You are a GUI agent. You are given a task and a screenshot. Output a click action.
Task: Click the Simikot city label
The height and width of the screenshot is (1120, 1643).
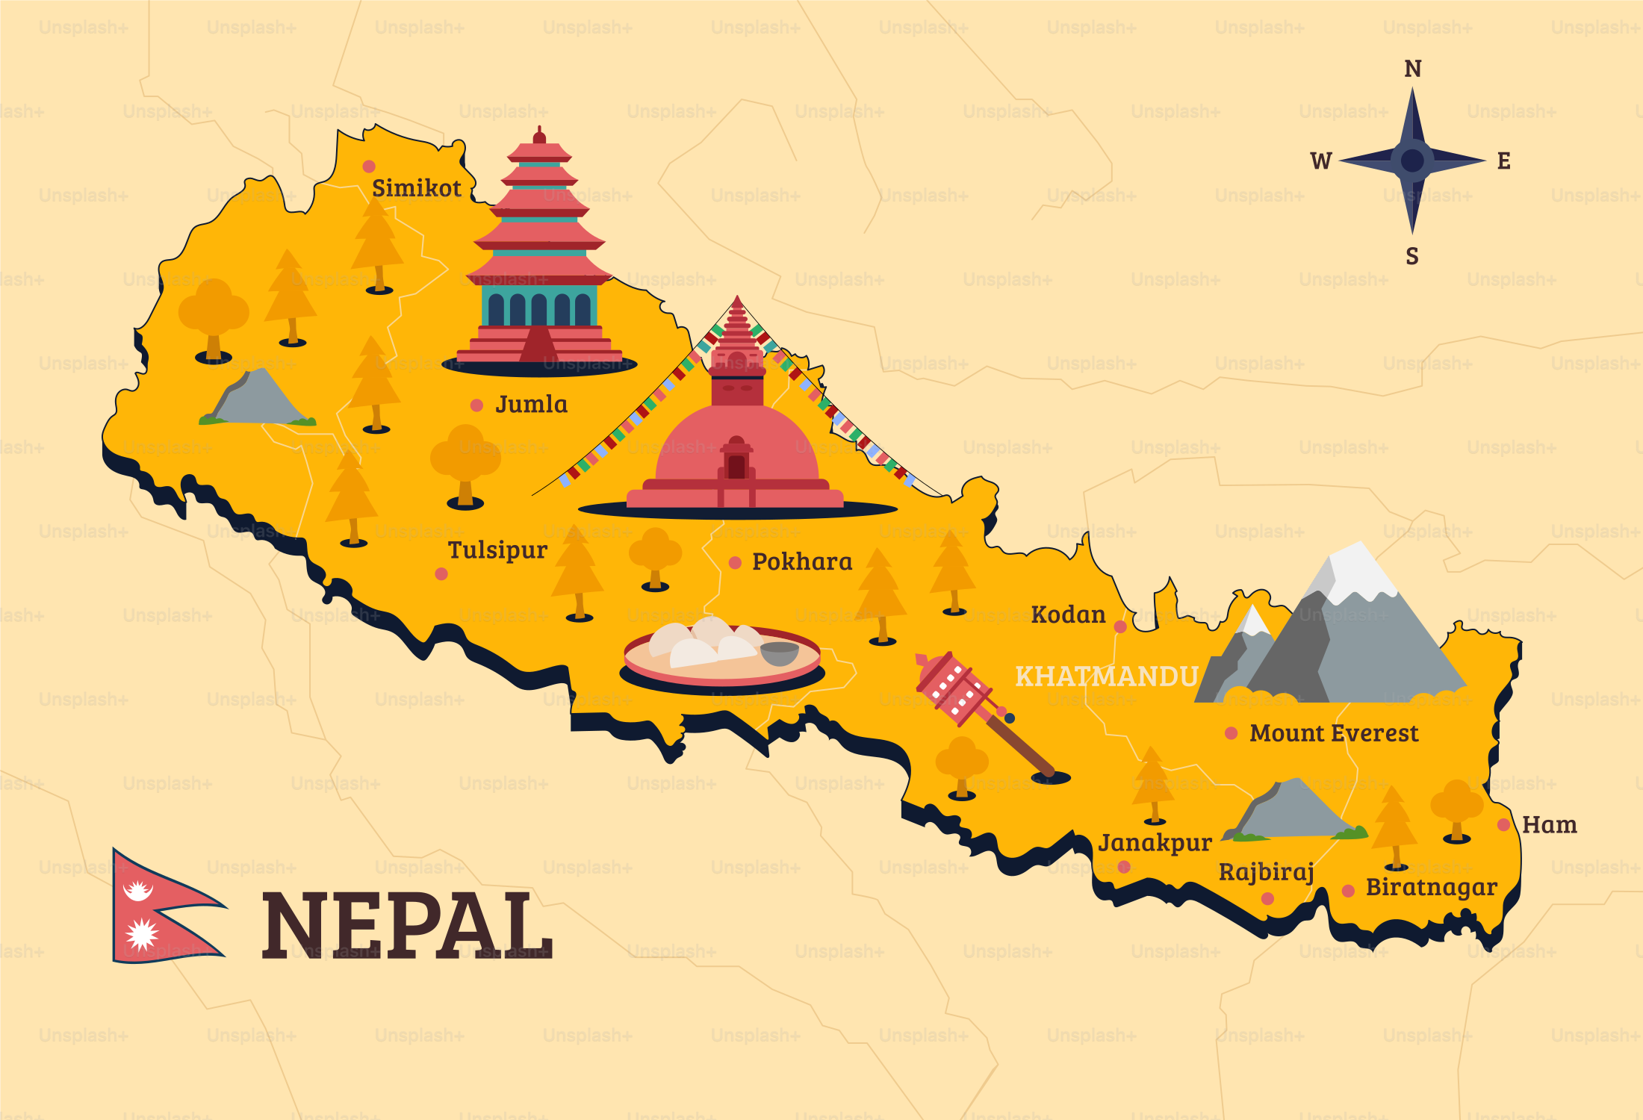(416, 188)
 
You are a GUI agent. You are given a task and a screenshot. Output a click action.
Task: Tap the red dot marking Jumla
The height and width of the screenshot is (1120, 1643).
(476, 405)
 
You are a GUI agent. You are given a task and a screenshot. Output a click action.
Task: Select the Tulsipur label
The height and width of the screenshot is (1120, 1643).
(497, 550)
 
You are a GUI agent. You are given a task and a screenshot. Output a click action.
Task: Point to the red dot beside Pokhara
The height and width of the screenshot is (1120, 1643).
(735, 562)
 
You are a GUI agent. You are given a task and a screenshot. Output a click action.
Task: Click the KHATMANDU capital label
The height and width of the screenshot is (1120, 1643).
(1106, 676)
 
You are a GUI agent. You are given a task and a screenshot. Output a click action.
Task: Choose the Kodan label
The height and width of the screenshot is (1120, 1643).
(1068, 615)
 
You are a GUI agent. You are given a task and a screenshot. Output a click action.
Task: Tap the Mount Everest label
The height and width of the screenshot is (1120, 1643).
(1334, 733)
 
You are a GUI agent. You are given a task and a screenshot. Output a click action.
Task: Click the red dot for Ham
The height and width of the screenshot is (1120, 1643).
(1503, 825)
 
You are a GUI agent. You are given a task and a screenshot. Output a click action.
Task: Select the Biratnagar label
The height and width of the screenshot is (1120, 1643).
(1431, 887)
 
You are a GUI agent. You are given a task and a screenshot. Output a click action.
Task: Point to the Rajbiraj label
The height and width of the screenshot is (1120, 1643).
(1266, 872)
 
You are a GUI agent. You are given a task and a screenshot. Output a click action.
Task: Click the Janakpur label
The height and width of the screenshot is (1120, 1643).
(1155, 843)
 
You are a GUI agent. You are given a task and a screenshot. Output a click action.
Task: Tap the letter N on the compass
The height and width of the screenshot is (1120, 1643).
(1412, 69)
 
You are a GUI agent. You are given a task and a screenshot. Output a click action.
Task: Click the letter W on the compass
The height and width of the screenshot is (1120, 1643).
(1320, 161)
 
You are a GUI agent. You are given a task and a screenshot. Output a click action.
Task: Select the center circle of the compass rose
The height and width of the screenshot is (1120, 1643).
(1412, 161)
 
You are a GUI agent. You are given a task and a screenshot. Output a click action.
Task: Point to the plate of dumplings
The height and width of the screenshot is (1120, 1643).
(721, 653)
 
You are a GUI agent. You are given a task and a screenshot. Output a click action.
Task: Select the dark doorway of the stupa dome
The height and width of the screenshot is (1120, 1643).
(736, 466)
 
